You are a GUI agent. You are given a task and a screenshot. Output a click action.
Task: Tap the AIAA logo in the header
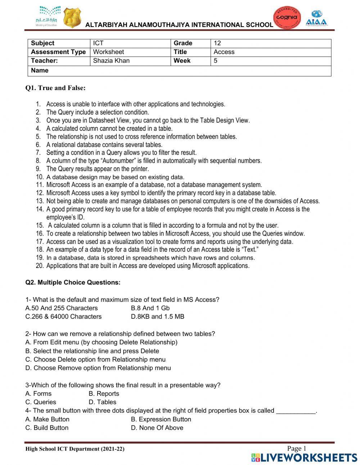click(x=316, y=18)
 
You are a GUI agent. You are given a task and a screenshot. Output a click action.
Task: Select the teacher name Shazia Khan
click(x=111, y=61)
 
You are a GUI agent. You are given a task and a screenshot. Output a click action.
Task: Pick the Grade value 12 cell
click(x=217, y=43)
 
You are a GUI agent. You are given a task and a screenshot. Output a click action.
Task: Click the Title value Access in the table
click(x=224, y=52)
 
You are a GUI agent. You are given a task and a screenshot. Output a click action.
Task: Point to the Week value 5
click(x=216, y=61)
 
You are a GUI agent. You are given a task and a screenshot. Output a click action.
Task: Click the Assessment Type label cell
click(x=58, y=52)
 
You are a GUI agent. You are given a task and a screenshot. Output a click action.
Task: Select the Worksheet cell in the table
click(x=108, y=52)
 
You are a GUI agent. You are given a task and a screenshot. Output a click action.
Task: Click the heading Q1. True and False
click(x=55, y=88)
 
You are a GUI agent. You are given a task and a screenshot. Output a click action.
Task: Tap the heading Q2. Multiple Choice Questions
click(x=73, y=282)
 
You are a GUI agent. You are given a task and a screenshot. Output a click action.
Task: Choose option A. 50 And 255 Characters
click(x=62, y=308)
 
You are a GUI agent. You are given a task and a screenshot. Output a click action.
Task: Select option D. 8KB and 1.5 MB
click(x=158, y=317)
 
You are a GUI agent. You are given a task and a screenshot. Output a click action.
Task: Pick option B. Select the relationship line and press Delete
click(x=92, y=351)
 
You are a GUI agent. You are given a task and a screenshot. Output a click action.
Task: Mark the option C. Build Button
click(x=47, y=428)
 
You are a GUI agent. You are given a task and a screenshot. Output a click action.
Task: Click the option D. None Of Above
click(x=157, y=428)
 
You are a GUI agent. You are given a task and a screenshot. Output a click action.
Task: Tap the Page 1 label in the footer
click(x=296, y=448)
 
